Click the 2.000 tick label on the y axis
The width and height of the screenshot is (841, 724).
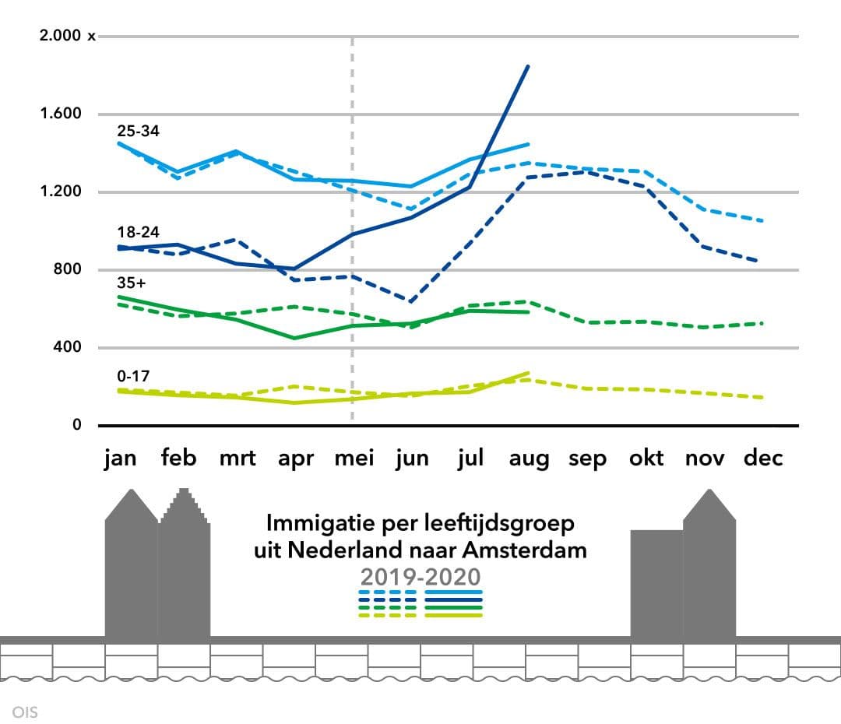pos(61,36)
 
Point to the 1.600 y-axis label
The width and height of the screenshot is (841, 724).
pos(61,114)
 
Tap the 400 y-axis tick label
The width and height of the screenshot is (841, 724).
pos(67,347)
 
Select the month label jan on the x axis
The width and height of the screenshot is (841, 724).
pos(120,459)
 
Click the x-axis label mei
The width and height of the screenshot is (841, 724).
pos(354,459)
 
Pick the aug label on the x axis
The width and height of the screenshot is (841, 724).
pos(529,459)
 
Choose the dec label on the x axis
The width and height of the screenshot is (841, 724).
pos(763,459)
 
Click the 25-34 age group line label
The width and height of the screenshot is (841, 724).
pos(138,131)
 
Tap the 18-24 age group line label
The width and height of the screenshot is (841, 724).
pos(138,232)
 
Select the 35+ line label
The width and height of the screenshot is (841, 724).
pos(132,283)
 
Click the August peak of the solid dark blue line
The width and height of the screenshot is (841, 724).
pos(529,66)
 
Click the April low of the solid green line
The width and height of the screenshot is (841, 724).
pos(295,338)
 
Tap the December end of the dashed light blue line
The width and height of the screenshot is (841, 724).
pos(762,220)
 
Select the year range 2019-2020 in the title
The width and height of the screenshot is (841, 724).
pos(420,576)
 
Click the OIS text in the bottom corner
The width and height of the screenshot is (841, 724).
pos(25,712)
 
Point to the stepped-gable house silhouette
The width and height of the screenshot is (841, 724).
pos(185,564)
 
